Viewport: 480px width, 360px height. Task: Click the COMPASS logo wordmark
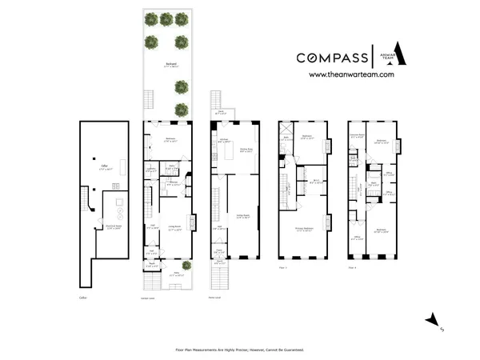click(x=332, y=58)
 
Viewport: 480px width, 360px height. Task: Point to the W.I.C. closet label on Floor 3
click(x=316, y=181)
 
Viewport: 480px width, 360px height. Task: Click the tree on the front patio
click(x=186, y=266)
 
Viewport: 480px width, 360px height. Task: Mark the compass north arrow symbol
click(x=434, y=322)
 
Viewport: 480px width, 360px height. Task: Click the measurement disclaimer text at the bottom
click(x=239, y=350)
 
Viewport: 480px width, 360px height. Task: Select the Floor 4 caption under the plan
click(x=353, y=266)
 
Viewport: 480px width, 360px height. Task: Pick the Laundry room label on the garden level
click(x=150, y=169)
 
